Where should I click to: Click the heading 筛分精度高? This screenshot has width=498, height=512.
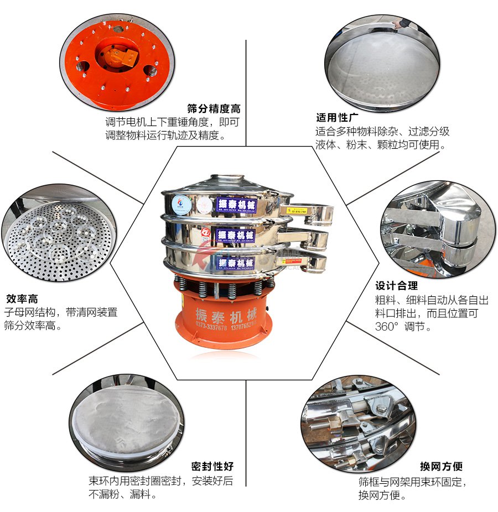214,108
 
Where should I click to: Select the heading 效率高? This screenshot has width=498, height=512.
22,299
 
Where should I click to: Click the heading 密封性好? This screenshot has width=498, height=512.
212,467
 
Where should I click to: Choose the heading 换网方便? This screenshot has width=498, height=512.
441,467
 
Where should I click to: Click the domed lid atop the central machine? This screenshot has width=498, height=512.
227,182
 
